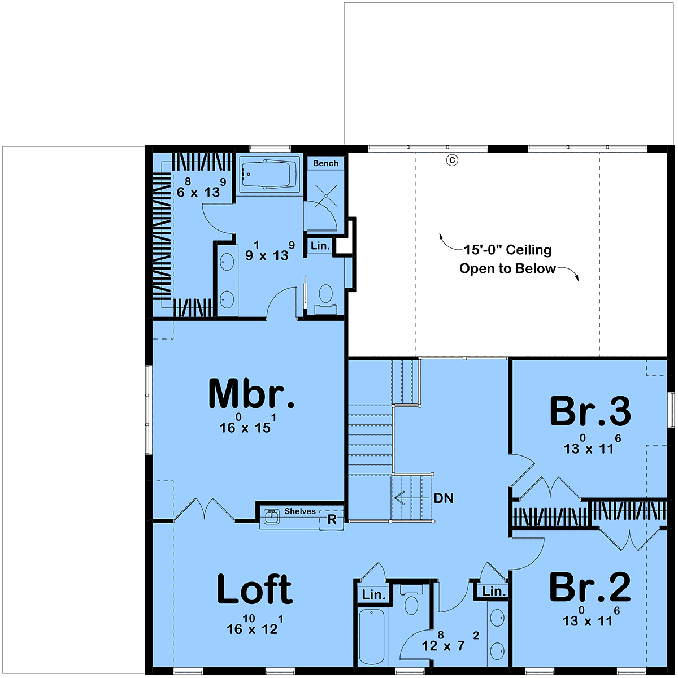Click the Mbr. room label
click(x=251, y=394)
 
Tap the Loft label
click(x=254, y=588)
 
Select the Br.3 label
click(x=590, y=411)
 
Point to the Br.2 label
click(x=590, y=586)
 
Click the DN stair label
click(x=444, y=498)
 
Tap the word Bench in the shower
click(x=325, y=163)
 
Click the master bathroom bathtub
click(x=270, y=175)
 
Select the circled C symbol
click(x=452, y=160)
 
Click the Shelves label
click(x=300, y=511)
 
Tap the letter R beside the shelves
click(x=332, y=520)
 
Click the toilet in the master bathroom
click(x=325, y=299)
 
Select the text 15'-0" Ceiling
click(x=507, y=250)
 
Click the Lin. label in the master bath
click(x=320, y=246)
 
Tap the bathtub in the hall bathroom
click(x=372, y=637)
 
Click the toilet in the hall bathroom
click(x=411, y=601)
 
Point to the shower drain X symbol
click(x=326, y=195)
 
